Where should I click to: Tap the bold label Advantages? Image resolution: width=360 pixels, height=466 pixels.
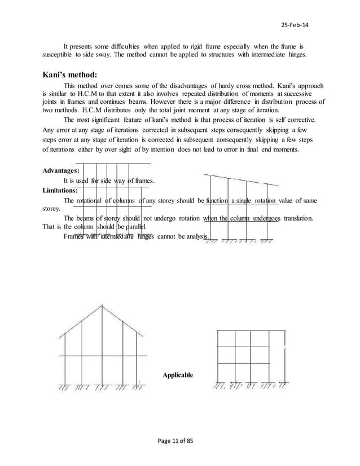(61, 170)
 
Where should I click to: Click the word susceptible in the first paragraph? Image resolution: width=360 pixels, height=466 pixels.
(60, 57)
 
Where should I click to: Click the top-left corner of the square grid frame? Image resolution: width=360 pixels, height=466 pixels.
(218, 331)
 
